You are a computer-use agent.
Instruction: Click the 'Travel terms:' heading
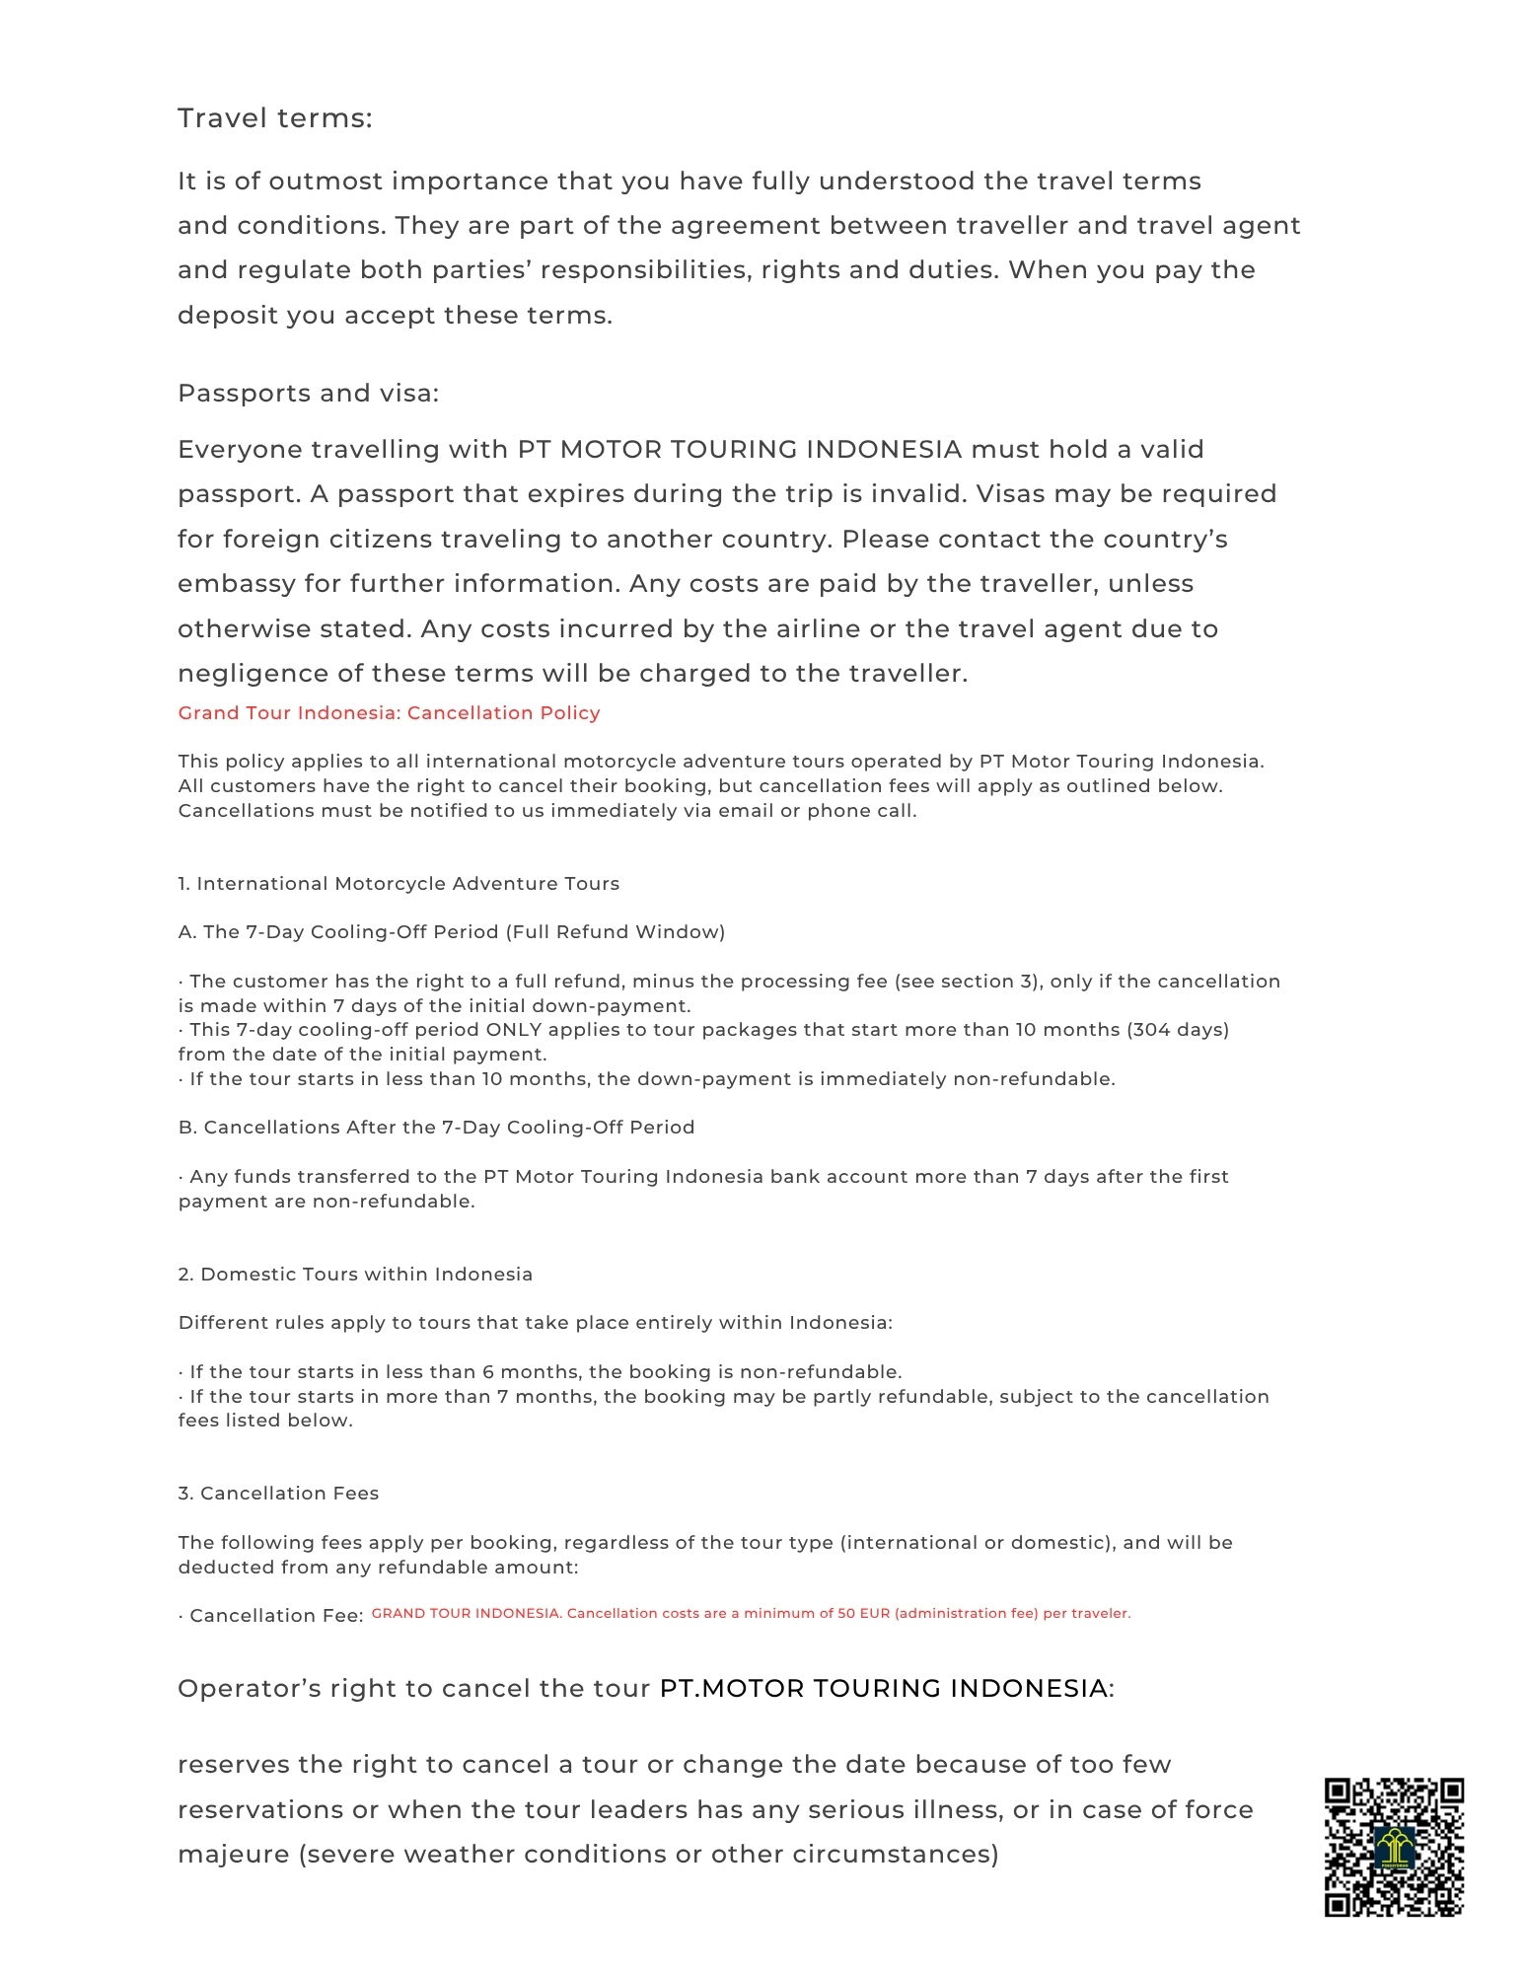(x=274, y=118)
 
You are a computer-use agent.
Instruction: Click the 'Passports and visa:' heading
(x=308, y=394)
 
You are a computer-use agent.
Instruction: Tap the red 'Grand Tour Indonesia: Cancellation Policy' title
(x=389, y=713)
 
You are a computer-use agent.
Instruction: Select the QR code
(x=1393, y=1847)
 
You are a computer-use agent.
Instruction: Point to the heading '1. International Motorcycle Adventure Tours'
(x=399, y=884)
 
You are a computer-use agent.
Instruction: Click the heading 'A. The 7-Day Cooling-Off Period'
(x=451, y=932)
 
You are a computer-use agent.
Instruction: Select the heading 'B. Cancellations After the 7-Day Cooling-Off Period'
(x=436, y=1128)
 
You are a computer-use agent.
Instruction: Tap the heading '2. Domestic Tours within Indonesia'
(x=355, y=1275)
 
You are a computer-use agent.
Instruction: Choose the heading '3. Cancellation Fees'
(x=278, y=1494)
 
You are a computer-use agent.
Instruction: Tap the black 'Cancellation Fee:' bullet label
(x=275, y=1616)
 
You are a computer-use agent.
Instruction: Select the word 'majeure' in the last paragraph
(x=233, y=1855)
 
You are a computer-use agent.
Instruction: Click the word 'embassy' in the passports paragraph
(x=236, y=584)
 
